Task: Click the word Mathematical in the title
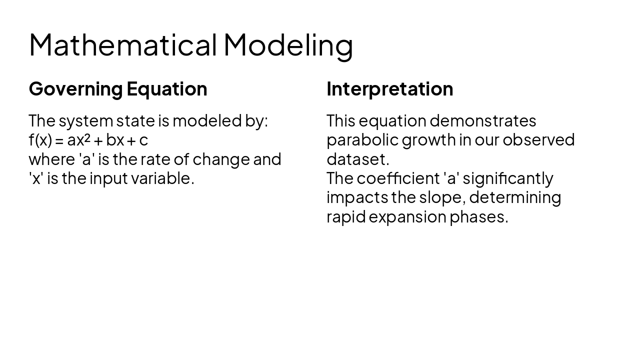coord(122,44)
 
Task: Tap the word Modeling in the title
coord(288,44)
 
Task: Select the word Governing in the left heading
coord(75,89)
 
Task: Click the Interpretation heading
coord(389,89)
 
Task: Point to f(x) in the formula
coord(40,140)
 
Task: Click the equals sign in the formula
coord(59,140)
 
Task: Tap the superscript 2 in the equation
coord(87,137)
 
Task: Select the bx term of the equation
coord(115,140)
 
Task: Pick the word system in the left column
coord(85,121)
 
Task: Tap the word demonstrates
coord(482,121)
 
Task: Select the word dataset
coord(357,159)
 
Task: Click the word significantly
coord(507,178)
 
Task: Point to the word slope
coord(442,197)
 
